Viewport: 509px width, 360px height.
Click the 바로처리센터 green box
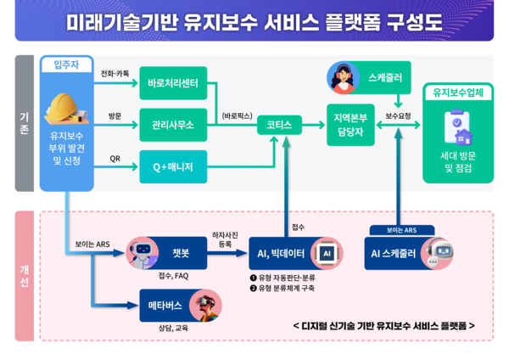[x=172, y=84]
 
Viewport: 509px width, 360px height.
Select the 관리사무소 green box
[x=172, y=125]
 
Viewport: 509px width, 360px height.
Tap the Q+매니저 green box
[x=172, y=166]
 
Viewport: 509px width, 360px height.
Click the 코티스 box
[x=279, y=125]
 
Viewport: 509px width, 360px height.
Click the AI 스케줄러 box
[x=398, y=252]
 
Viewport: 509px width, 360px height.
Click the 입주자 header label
[x=66, y=65]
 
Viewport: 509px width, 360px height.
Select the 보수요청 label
[x=399, y=115]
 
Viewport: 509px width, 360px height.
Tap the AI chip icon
[x=325, y=253]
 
